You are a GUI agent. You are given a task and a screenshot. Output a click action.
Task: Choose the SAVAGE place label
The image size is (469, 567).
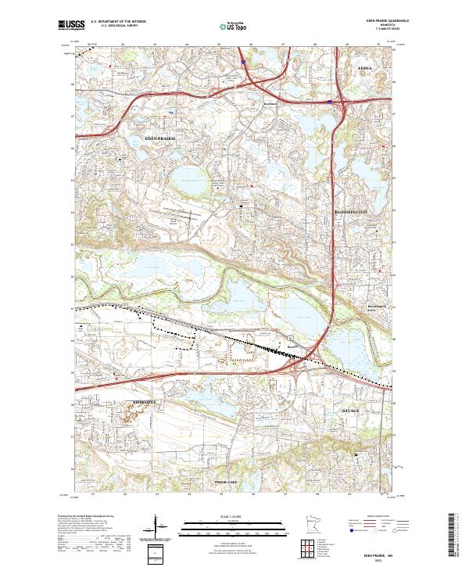click(x=349, y=410)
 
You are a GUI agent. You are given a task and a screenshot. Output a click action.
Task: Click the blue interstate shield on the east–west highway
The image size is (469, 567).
click(x=330, y=101)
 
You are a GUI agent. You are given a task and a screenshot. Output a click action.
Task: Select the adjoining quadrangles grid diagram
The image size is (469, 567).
click(x=309, y=547)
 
